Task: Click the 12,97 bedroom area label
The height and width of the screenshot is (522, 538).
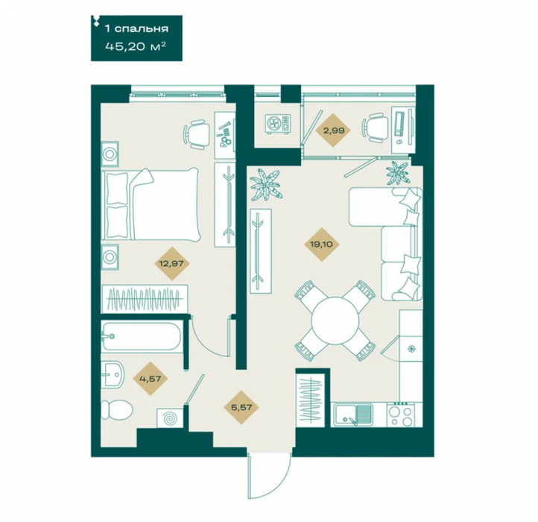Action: click(x=171, y=264)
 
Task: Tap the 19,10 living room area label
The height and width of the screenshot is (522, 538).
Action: click(x=322, y=245)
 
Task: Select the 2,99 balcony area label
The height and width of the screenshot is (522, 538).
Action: click(x=332, y=130)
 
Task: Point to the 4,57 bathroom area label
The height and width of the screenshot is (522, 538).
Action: click(x=150, y=379)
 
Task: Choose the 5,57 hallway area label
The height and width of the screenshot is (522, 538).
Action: click(x=241, y=407)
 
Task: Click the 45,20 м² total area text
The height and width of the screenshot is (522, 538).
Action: click(x=136, y=46)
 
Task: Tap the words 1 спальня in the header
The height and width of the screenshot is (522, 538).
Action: click(x=136, y=28)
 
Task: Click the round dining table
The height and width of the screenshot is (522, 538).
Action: click(x=335, y=321)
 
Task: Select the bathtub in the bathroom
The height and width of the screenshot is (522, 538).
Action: click(x=142, y=336)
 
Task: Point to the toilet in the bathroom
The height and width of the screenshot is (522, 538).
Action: click(x=117, y=409)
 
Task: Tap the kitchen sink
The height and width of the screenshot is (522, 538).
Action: click(x=353, y=415)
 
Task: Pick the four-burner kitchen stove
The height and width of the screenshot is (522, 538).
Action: click(x=400, y=415)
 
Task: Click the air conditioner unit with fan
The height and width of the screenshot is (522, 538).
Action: click(x=278, y=124)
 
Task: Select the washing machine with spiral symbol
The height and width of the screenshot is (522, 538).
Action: click(x=170, y=418)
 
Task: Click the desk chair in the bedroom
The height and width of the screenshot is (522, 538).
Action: click(x=197, y=134)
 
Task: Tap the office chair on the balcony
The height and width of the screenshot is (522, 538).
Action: click(x=375, y=128)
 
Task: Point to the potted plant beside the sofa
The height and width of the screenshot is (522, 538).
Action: click(x=397, y=173)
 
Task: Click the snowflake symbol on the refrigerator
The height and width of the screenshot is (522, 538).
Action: click(x=411, y=349)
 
